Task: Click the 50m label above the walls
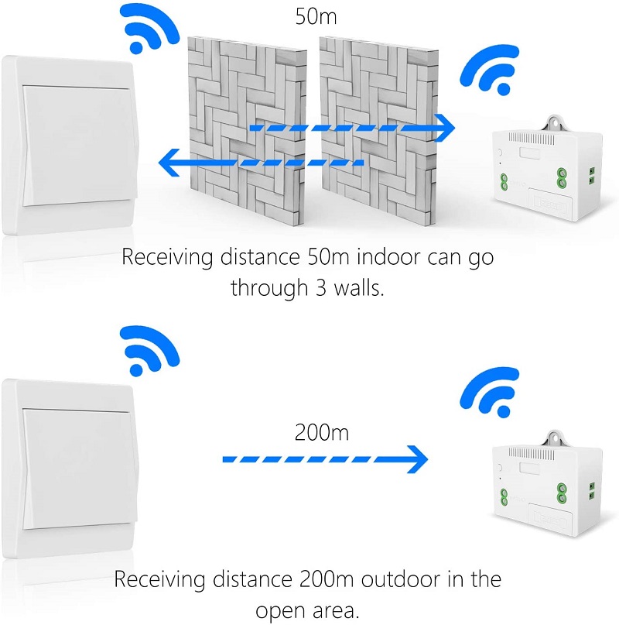316,16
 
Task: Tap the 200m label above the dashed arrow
321,432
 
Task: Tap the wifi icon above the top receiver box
489,70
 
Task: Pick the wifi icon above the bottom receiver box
489,392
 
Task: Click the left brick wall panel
247,131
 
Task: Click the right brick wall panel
379,131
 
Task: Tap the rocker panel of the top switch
79,146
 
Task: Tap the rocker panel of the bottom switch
79,469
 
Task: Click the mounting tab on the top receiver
554,123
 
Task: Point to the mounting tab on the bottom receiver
554,438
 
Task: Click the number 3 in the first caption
321,288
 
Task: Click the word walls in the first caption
359,287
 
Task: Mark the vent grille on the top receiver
531,139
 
